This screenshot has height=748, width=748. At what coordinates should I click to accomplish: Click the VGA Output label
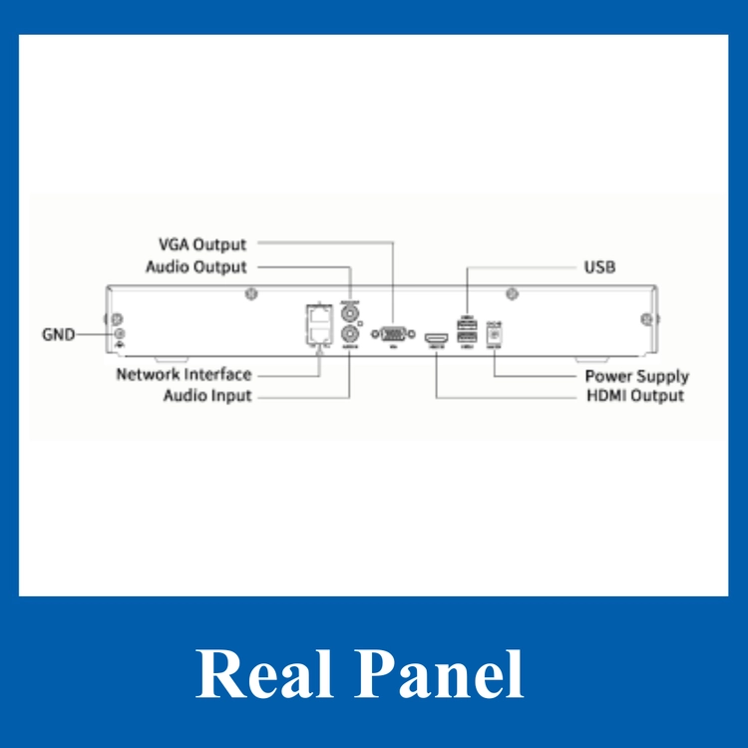click(202, 244)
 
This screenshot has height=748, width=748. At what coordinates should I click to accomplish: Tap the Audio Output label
click(196, 267)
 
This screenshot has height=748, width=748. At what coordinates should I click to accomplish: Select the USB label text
click(599, 267)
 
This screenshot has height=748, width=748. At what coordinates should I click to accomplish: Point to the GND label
click(58, 334)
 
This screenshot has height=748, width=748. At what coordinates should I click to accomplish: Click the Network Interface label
click(184, 375)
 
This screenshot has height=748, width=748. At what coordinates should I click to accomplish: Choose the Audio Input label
click(207, 396)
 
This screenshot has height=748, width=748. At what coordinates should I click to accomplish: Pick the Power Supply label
click(636, 376)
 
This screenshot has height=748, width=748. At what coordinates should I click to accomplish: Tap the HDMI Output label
click(635, 396)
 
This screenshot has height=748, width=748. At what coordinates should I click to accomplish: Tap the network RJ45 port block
click(318, 323)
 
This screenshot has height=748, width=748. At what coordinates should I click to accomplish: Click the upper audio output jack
click(350, 312)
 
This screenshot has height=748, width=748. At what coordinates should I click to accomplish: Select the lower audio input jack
click(350, 334)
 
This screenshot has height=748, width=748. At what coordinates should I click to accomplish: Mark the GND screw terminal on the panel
click(120, 334)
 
